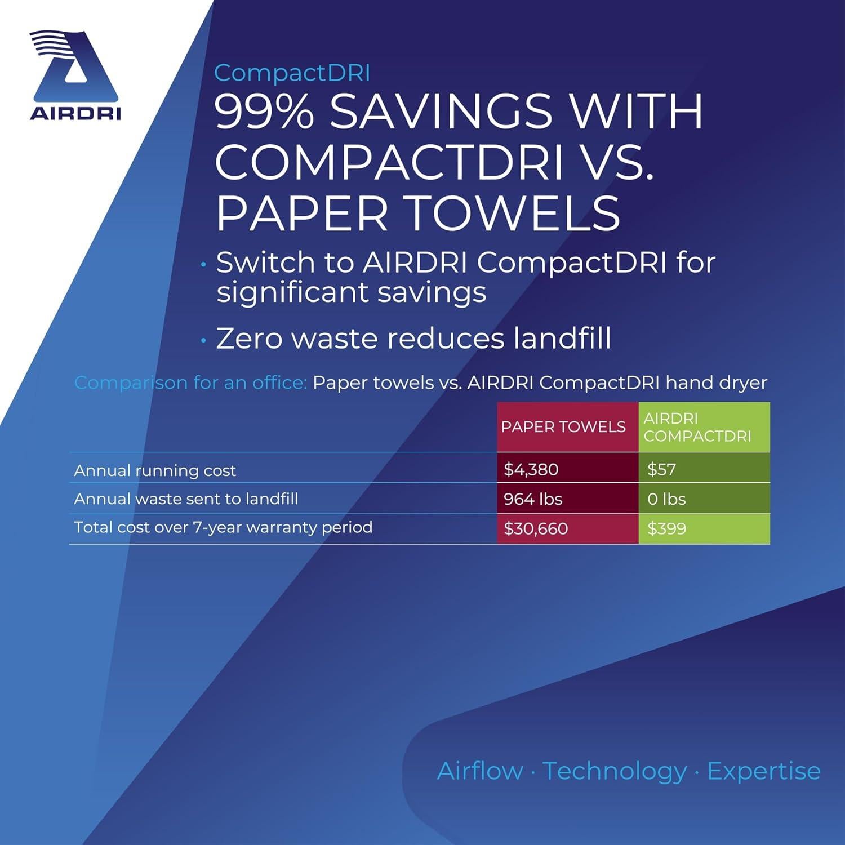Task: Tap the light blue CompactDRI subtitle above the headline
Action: click(292, 73)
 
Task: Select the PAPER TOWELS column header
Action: click(563, 427)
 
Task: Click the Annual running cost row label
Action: click(155, 470)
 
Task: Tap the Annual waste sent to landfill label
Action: click(186, 499)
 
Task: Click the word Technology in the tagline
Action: click(614, 771)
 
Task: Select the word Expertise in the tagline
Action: click(763, 771)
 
